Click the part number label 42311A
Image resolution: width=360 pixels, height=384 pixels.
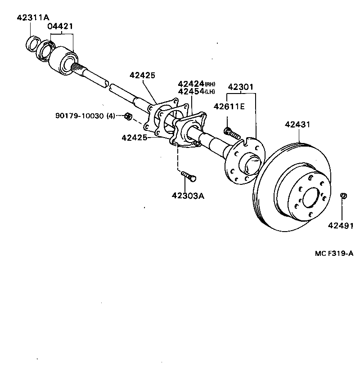[x=32, y=18]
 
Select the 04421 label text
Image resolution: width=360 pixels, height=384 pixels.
[x=60, y=27]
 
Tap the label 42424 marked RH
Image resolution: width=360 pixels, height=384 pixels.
[x=191, y=84]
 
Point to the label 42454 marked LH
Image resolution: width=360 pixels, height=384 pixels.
[x=191, y=92]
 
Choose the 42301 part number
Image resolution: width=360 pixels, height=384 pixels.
[x=241, y=87]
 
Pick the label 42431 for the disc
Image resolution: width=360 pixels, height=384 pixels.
[x=297, y=125]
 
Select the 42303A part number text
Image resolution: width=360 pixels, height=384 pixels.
[x=187, y=196]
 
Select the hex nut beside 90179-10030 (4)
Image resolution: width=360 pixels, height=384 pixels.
[x=127, y=117]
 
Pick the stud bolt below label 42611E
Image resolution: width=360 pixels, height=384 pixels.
[x=231, y=132]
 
